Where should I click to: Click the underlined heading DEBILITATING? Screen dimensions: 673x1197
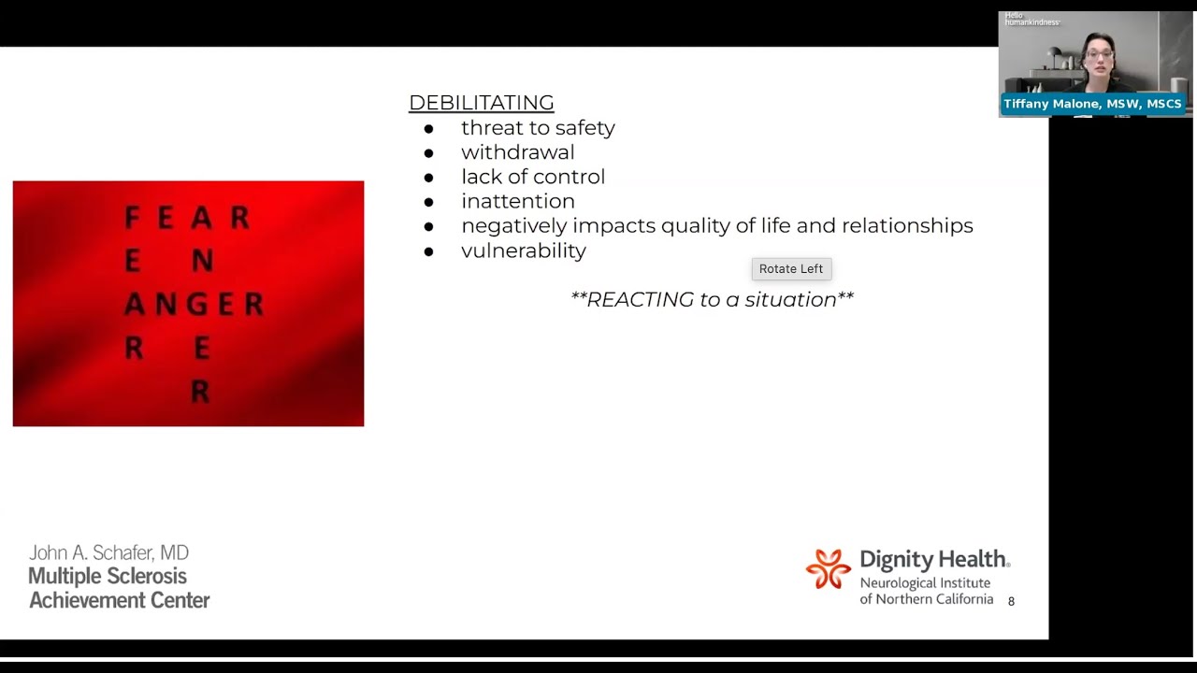coord(481,103)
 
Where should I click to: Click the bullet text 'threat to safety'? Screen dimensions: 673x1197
coord(538,128)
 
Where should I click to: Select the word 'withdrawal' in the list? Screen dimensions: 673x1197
coord(517,152)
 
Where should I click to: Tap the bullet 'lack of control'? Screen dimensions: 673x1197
coord(532,177)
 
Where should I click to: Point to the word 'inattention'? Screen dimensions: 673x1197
coord(517,201)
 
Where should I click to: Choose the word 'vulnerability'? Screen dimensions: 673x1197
coord(523,251)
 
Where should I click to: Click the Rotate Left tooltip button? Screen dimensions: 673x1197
coord(791,269)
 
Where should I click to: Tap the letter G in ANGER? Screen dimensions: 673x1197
coord(199,304)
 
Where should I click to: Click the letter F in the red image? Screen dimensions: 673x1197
coord(132,218)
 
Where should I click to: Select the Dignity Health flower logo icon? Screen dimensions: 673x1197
coord(829,569)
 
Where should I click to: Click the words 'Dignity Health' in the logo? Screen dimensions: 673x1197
coord(933,560)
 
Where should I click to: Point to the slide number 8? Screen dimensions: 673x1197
coord(1011,602)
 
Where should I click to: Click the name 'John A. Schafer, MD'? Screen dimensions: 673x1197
coord(108,553)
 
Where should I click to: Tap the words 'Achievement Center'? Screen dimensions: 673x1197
coord(119,601)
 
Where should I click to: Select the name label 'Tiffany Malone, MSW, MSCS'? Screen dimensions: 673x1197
coord(1092,104)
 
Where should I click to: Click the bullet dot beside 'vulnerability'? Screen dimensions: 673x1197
coord(429,251)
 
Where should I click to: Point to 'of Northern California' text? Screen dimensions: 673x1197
coord(926,599)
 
